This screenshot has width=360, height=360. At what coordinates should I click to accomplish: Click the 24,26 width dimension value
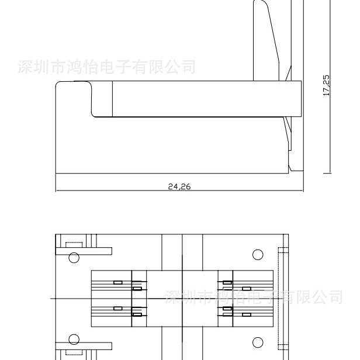click(179, 187)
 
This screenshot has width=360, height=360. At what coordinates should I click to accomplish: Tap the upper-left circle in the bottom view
click(74, 258)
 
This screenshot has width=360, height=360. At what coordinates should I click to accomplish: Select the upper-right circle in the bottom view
click(258, 254)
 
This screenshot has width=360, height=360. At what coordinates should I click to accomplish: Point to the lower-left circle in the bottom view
click(74, 340)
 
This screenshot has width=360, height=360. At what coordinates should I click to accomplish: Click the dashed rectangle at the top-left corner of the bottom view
click(74, 244)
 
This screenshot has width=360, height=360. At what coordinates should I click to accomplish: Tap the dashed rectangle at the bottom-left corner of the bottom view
click(74, 352)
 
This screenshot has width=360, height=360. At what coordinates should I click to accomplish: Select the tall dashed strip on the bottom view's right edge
click(283, 298)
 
